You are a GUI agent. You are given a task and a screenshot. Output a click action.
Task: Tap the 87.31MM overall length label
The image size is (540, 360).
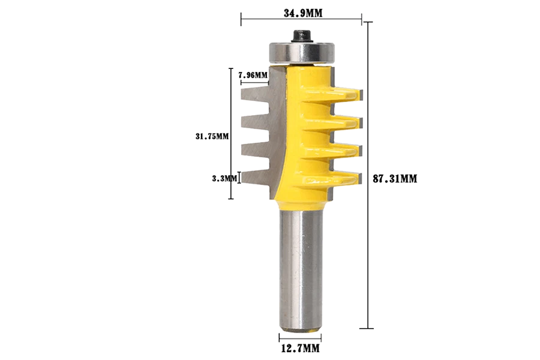[394, 178]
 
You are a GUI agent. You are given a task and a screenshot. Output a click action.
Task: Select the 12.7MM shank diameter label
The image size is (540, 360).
[299, 348]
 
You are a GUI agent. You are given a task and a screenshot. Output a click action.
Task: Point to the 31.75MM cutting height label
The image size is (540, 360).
[212, 136]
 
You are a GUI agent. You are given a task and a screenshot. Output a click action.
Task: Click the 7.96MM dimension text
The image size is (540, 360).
[253, 75]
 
